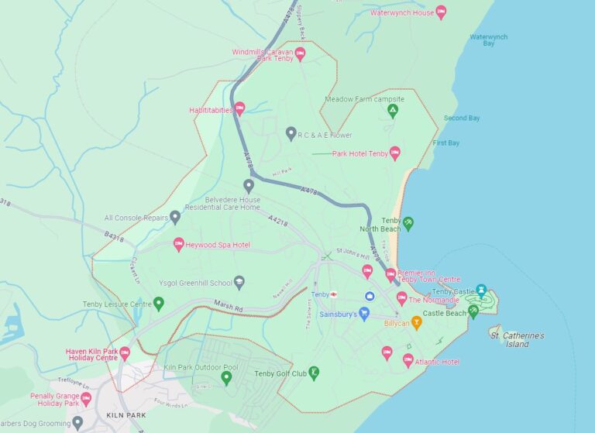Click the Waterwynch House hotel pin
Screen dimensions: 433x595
[x=441, y=12]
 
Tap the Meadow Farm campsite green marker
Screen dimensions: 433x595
[x=393, y=110]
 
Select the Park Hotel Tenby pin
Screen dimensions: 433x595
[x=395, y=153]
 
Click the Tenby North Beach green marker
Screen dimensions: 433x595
[x=408, y=224]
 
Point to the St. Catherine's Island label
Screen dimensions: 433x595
[x=517, y=339]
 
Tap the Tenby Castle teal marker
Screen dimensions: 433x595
[x=481, y=291]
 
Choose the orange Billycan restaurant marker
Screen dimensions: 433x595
[x=416, y=322]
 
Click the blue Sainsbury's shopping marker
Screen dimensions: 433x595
[x=364, y=314]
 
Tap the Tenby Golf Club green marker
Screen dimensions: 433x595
[x=315, y=373]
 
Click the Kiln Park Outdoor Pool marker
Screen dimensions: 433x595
[x=226, y=377]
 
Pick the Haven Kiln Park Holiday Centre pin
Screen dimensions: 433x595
[x=124, y=354]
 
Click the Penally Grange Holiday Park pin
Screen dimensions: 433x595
[x=85, y=398]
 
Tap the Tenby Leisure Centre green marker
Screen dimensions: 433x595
[x=159, y=303]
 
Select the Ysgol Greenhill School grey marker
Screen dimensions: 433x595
[x=239, y=283]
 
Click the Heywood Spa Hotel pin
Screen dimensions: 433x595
[x=178, y=245]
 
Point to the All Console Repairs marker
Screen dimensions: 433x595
[x=175, y=218]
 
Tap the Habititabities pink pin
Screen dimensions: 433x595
[x=239, y=109]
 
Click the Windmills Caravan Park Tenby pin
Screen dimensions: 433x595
[x=300, y=53]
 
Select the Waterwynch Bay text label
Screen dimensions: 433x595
[x=489, y=40]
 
